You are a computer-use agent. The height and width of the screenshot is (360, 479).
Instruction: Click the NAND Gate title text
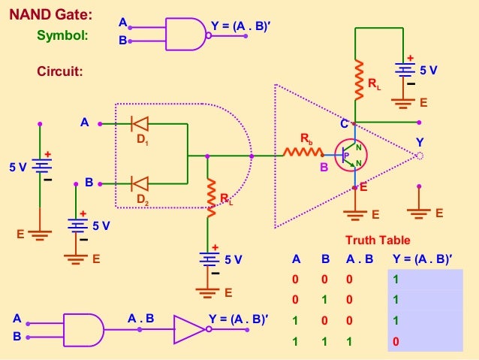point(57,14)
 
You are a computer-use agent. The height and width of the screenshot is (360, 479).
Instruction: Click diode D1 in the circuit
point(140,123)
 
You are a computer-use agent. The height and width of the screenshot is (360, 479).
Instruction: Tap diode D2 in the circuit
point(140,183)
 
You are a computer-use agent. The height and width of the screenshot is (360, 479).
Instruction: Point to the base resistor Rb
point(303,153)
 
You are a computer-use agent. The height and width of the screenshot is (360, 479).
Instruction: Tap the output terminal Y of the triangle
point(419,156)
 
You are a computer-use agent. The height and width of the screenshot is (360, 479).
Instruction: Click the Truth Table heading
point(378,241)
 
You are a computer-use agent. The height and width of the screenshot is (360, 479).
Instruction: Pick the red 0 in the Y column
point(396,342)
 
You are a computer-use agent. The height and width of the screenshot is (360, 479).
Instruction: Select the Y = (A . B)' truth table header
point(423,259)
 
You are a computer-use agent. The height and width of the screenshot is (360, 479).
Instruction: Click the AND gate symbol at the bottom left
point(83,328)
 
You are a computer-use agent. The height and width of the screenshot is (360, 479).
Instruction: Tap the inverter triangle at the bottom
point(188,328)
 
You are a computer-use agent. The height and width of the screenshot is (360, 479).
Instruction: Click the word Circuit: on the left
point(60,72)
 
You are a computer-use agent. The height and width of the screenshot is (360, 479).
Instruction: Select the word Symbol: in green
point(62,35)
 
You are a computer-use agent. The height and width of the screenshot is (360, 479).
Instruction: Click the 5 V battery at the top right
point(406,70)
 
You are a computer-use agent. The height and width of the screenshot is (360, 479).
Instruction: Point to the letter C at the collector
point(345,123)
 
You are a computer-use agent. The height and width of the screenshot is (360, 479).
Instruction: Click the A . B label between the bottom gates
point(140,318)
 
